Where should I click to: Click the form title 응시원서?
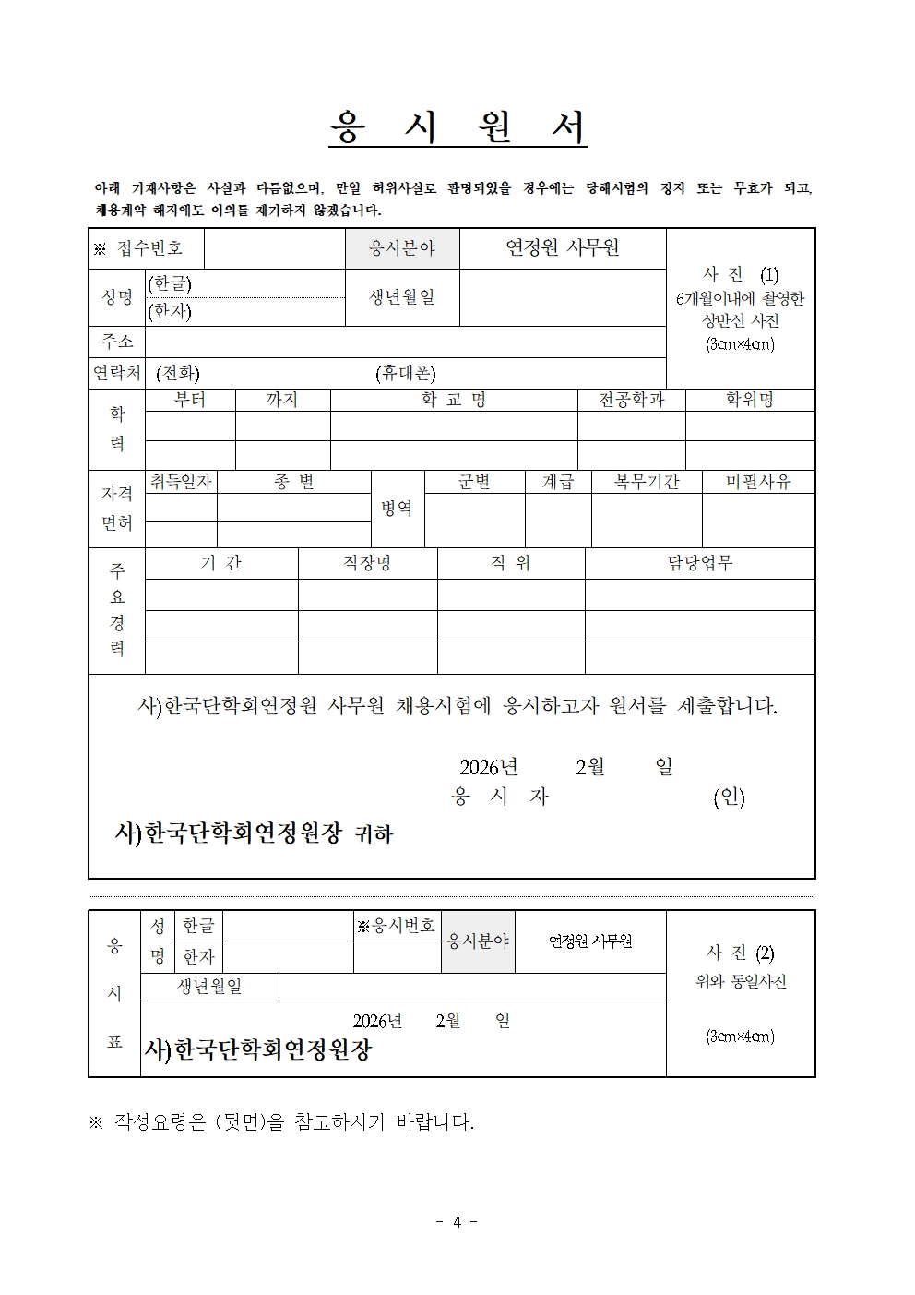(x=457, y=128)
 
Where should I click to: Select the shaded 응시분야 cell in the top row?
(x=402, y=248)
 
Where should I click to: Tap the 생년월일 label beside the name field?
(x=402, y=297)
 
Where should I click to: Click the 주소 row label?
(x=117, y=342)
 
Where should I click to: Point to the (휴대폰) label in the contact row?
(x=406, y=373)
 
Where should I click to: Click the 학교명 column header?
(x=453, y=400)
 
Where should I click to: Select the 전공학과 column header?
(x=631, y=400)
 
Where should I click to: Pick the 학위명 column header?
(x=749, y=400)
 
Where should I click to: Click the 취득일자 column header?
(x=181, y=482)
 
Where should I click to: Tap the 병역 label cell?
(x=398, y=509)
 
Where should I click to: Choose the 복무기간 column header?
(x=647, y=482)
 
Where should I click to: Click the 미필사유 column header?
(x=758, y=482)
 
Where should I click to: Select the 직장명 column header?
(x=367, y=563)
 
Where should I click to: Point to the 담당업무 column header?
(x=700, y=563)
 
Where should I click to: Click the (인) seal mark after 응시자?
(x=729, y=797)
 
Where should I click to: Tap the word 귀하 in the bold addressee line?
(x=374, y=834)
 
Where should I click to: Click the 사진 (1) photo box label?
(x=741, y=275)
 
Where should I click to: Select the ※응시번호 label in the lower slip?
(x=397, y=926)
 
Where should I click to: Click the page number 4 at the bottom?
(x=457, y=1222)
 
